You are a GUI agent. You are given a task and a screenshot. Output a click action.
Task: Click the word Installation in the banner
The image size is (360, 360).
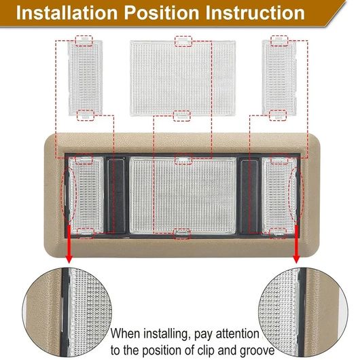[x=67, y=13]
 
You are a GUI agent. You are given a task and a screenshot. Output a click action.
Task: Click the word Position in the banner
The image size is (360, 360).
[x=162, y=14]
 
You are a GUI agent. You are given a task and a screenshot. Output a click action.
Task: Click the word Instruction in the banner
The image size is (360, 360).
[x=255, y=13]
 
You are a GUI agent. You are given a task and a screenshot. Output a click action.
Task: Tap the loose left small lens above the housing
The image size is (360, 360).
[x=85, y=77]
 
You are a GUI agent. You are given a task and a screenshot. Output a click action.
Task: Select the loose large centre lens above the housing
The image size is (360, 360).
[x=183, y=77]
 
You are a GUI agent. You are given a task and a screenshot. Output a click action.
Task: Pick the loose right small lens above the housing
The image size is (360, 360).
[x=279, y=77]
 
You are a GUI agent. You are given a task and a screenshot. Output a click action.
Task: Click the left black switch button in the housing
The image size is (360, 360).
[x=117, y=195]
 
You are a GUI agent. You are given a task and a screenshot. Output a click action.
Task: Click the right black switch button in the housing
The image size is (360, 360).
[x=249, y=195]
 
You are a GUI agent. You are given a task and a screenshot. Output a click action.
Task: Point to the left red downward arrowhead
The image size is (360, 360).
[x=69, y=259]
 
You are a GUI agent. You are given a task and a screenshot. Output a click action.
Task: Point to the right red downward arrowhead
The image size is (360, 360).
[x=296, y=259]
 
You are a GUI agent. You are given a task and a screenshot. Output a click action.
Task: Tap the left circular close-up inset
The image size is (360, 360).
[x=67, y=312]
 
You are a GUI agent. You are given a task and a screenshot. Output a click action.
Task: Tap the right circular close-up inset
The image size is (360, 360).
[x=303, y=312]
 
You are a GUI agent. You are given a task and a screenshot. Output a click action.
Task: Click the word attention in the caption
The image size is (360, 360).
[x=238, y=334]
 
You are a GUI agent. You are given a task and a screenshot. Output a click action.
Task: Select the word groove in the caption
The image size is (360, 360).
[x=257, y=350]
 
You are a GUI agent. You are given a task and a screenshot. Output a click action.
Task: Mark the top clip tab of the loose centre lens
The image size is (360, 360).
[x=183, y=41]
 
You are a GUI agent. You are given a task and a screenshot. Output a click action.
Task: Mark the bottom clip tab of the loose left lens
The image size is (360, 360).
[x=86, y=115]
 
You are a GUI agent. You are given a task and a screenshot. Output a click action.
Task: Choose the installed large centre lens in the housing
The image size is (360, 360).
[x=183, y=195]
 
